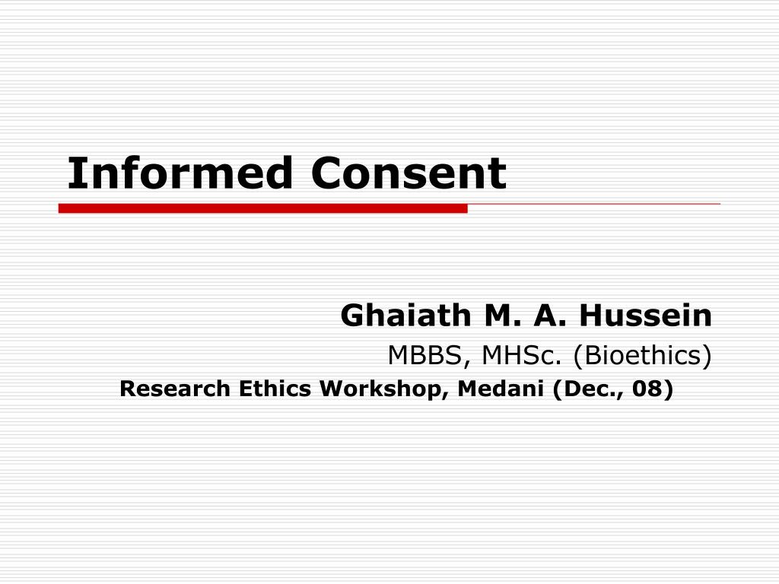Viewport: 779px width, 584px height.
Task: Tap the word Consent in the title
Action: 408,173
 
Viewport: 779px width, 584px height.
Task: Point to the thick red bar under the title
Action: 262,208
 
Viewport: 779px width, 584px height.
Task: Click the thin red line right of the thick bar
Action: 593,204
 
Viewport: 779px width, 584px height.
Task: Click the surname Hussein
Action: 645,315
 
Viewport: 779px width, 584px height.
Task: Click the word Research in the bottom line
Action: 175,389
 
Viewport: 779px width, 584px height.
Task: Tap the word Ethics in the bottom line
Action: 276,389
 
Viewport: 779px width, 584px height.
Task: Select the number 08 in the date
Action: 648,389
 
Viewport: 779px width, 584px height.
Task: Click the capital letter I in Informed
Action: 74,173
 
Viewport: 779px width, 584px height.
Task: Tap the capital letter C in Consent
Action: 325,173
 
